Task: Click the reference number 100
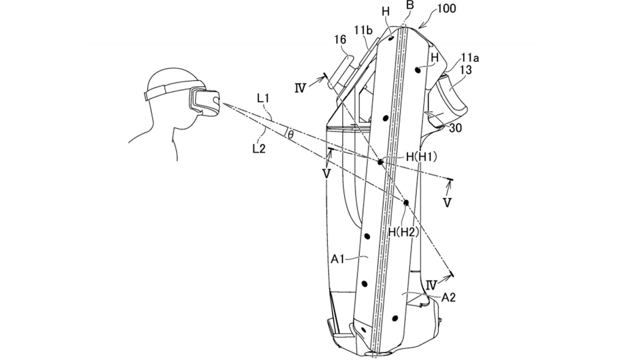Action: point(447,8)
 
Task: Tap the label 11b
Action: point(363,30)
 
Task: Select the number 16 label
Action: point(340,40)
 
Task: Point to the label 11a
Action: point(469,58)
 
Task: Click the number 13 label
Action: point(466,70)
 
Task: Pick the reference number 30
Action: point(456,128)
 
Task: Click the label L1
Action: point(263,99)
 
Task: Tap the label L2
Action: point(259,149)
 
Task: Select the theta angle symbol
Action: point(290,134)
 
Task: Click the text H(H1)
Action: point(422,157)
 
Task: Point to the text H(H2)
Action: point(404,232)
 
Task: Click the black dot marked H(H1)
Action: point(380,162)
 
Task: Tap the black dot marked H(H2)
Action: point(406,203)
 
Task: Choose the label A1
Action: point(337,259)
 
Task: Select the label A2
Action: point(448,298)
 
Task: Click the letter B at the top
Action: point(410,5)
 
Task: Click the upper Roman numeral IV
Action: point(300,88)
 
